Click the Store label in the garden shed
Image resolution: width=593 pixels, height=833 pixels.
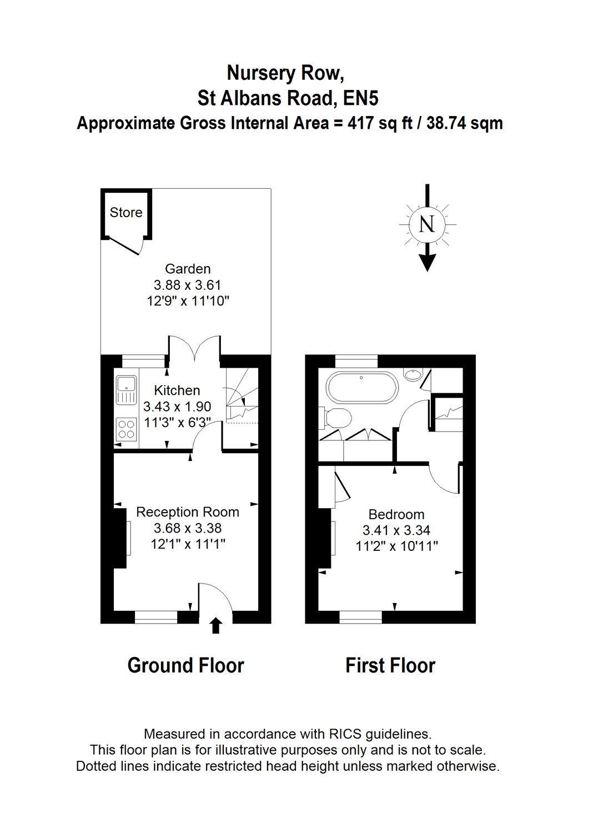[126, 212]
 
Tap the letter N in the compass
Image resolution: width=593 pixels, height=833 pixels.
[426, 224]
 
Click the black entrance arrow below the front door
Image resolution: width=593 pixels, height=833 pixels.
[217, 625]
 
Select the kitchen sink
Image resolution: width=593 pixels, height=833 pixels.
[127, 390]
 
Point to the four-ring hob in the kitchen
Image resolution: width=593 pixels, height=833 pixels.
[127, 429]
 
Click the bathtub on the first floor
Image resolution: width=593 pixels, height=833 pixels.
[361, 388]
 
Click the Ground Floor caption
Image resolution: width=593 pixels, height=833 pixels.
[185, 665]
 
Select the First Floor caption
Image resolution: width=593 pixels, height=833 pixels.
[390, 665]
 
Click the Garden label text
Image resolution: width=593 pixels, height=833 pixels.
[188, 269]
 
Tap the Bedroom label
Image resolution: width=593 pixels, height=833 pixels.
[396, 514]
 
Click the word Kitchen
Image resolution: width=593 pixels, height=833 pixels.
[177, 390]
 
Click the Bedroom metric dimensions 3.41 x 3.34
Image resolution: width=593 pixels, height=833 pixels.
[396, 530]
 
